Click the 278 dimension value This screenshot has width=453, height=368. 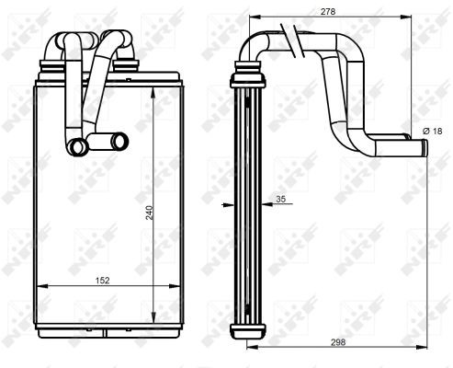(328, 12)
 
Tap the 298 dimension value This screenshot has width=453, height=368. (338, 342)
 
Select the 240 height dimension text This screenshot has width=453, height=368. (150, 213)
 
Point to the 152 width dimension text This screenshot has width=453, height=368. (102, 281)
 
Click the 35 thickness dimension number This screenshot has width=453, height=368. (280, 199)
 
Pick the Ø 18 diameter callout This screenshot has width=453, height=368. (433, 132)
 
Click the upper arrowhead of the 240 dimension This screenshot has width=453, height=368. (153, 92)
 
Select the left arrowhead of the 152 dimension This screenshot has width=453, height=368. (42, 286)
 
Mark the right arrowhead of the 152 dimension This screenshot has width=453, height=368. (175, 286)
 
